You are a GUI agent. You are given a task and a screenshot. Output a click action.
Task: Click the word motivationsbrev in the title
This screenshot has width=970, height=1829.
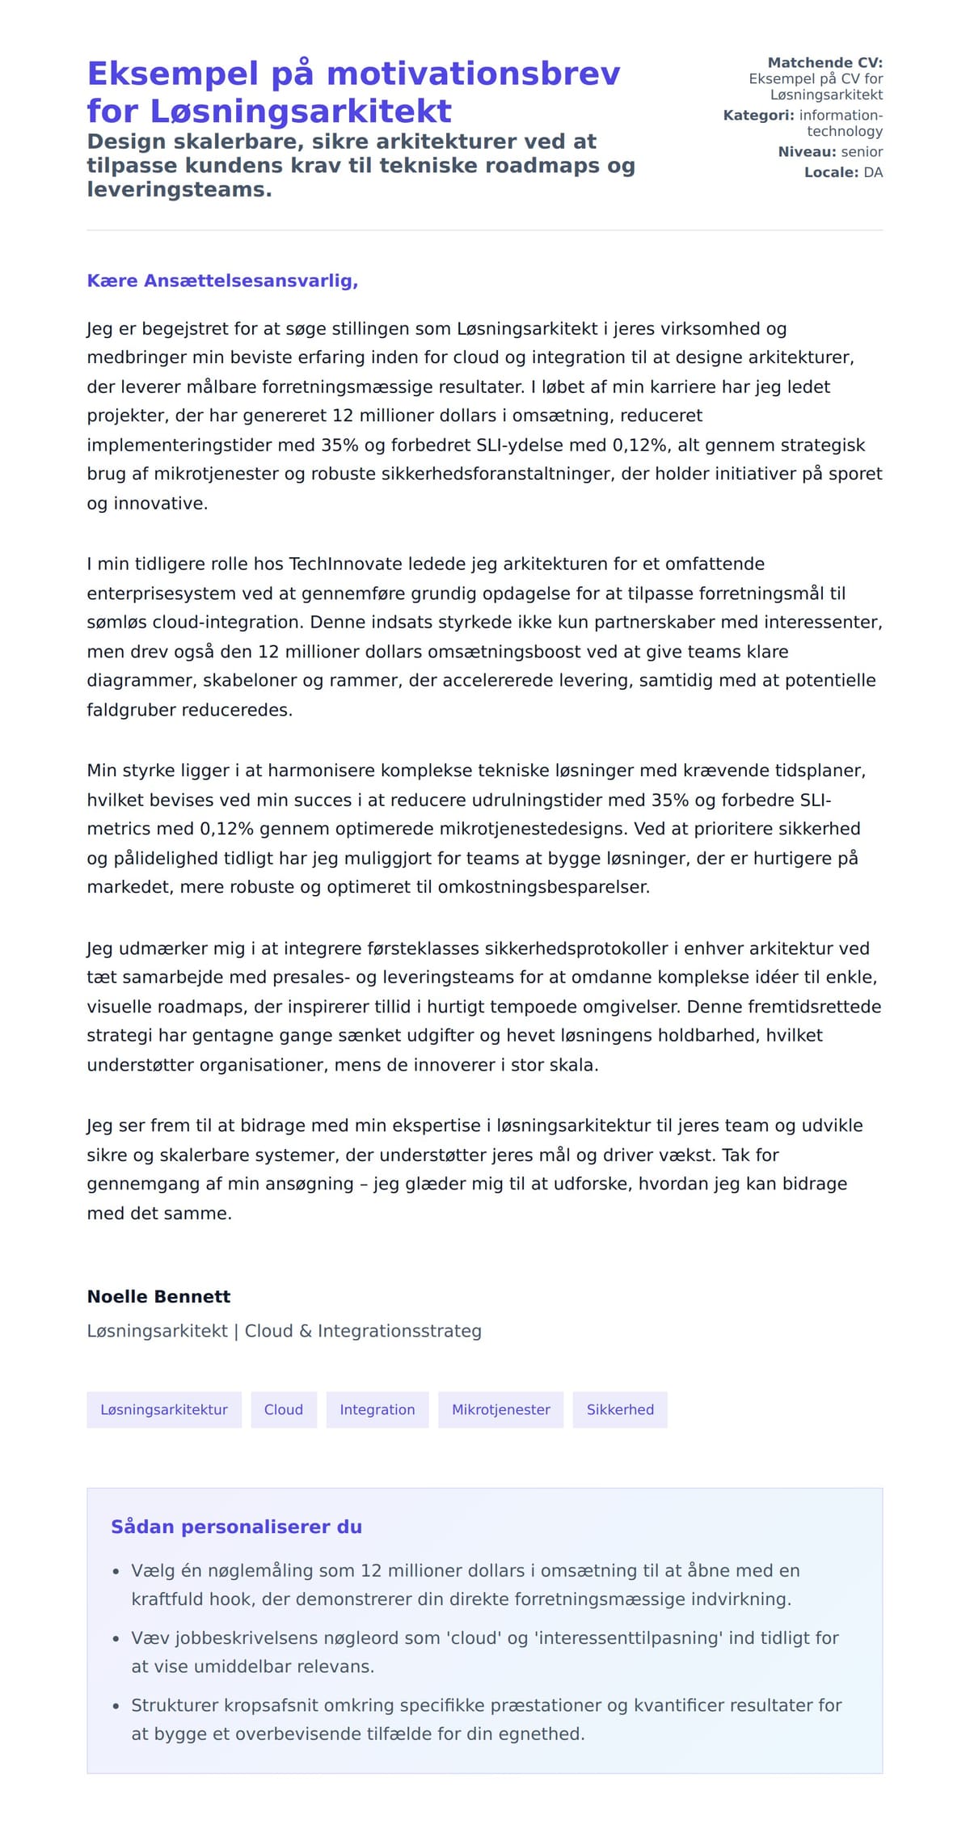[473, 74]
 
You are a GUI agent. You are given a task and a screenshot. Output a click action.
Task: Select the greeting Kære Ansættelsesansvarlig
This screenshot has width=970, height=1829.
[222, 281]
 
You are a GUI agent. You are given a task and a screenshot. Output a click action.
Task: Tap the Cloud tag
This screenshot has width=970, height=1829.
[284, 1409]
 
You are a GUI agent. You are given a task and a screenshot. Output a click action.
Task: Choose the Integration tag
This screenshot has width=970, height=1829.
[377, 1409]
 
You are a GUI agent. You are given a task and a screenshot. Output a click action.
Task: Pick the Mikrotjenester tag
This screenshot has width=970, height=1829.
[500, 1409]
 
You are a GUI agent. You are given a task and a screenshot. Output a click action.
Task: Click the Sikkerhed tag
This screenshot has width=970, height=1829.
[620, 1409]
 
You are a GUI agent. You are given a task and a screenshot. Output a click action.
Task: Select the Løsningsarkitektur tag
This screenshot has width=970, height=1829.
[164, 1409]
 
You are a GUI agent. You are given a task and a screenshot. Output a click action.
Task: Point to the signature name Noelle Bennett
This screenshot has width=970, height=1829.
[158, 1296]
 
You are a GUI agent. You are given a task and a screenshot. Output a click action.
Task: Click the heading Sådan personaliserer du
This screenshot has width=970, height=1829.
[236, 1527]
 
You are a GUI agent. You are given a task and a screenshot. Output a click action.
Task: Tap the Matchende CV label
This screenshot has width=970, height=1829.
[824, 62]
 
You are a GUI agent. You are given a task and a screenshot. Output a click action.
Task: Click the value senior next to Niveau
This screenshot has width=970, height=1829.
[862, 151]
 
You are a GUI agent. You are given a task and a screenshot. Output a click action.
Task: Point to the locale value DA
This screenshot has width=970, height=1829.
[873, 172]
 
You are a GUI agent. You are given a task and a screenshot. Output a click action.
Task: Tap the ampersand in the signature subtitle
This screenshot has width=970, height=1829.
[305, 1331]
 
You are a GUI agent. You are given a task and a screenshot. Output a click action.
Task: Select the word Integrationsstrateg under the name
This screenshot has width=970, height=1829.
[399, 1331]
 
